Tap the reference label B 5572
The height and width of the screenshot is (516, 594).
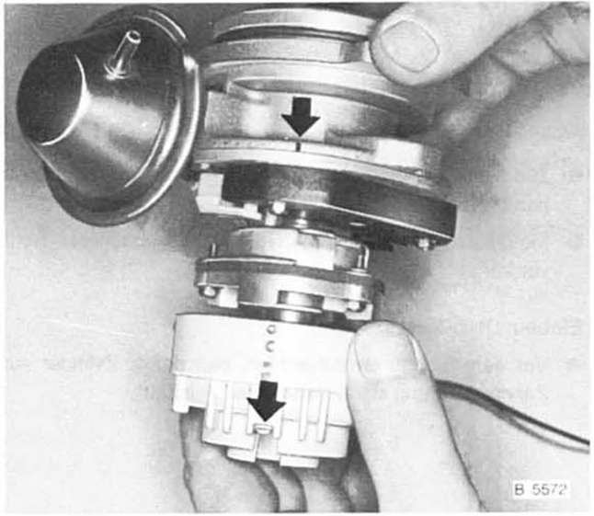tap(541, 490)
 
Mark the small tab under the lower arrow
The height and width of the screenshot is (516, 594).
tap(264, 428)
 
